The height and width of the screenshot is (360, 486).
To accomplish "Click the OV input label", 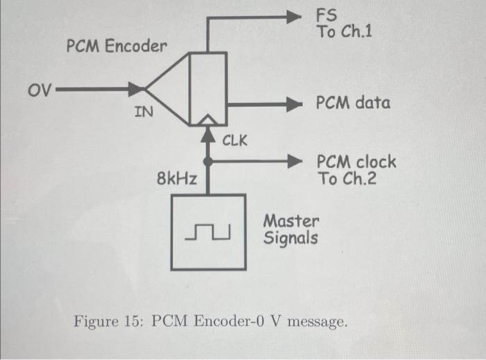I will (39, 89).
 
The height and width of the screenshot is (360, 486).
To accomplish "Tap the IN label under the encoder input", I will (144, 111).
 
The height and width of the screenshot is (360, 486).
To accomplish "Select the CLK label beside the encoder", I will (235, 141).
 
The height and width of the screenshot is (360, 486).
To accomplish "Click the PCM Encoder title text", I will (117, 47).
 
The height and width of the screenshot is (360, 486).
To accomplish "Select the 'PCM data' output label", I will (353, 103).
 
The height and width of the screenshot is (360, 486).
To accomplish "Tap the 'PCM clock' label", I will (356, 162).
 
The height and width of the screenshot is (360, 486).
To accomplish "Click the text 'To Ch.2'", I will (346, 179).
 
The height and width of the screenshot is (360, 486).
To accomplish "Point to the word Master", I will (292, 222).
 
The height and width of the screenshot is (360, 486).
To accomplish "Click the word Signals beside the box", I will (290, 239).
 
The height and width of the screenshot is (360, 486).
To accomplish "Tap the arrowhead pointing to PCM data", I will (295, 105).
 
